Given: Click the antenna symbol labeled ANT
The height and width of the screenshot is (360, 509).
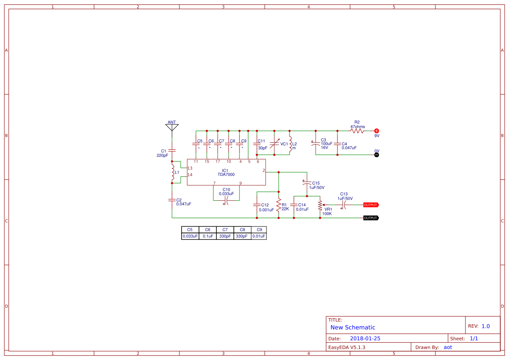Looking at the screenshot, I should click(x=172, y=127).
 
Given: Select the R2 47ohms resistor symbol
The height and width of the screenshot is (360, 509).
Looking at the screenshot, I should click(x=357, y=131).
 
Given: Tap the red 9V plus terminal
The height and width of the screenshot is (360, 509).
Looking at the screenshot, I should click(x=377, y=131).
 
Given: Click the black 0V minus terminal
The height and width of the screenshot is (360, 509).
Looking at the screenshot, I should click(x=377, y=155).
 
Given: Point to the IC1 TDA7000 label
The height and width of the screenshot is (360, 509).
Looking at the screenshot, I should click(x=226, y=172).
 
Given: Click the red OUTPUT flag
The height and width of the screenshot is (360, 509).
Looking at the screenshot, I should click(x=371, y=205).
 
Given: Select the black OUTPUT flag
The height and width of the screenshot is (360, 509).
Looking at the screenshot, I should click(x=371, y=218).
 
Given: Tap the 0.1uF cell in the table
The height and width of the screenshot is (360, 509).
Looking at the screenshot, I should click(x=208, y=236).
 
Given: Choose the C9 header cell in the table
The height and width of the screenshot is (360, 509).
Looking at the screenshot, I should click(x=259, y=229).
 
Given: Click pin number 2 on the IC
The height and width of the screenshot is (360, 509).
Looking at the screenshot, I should click(x=263, y=170).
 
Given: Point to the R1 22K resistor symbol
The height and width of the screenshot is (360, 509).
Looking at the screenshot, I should click(x=279, y=205).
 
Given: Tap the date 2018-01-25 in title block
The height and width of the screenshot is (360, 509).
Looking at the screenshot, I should click(x=365, y=338).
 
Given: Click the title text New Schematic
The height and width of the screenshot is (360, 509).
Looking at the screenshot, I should click(x=352, y=327).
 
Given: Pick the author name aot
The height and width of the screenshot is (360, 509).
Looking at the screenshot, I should click(x=448, y=347).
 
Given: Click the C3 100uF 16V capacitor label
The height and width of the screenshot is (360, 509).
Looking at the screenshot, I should click(x=326, y=144).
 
